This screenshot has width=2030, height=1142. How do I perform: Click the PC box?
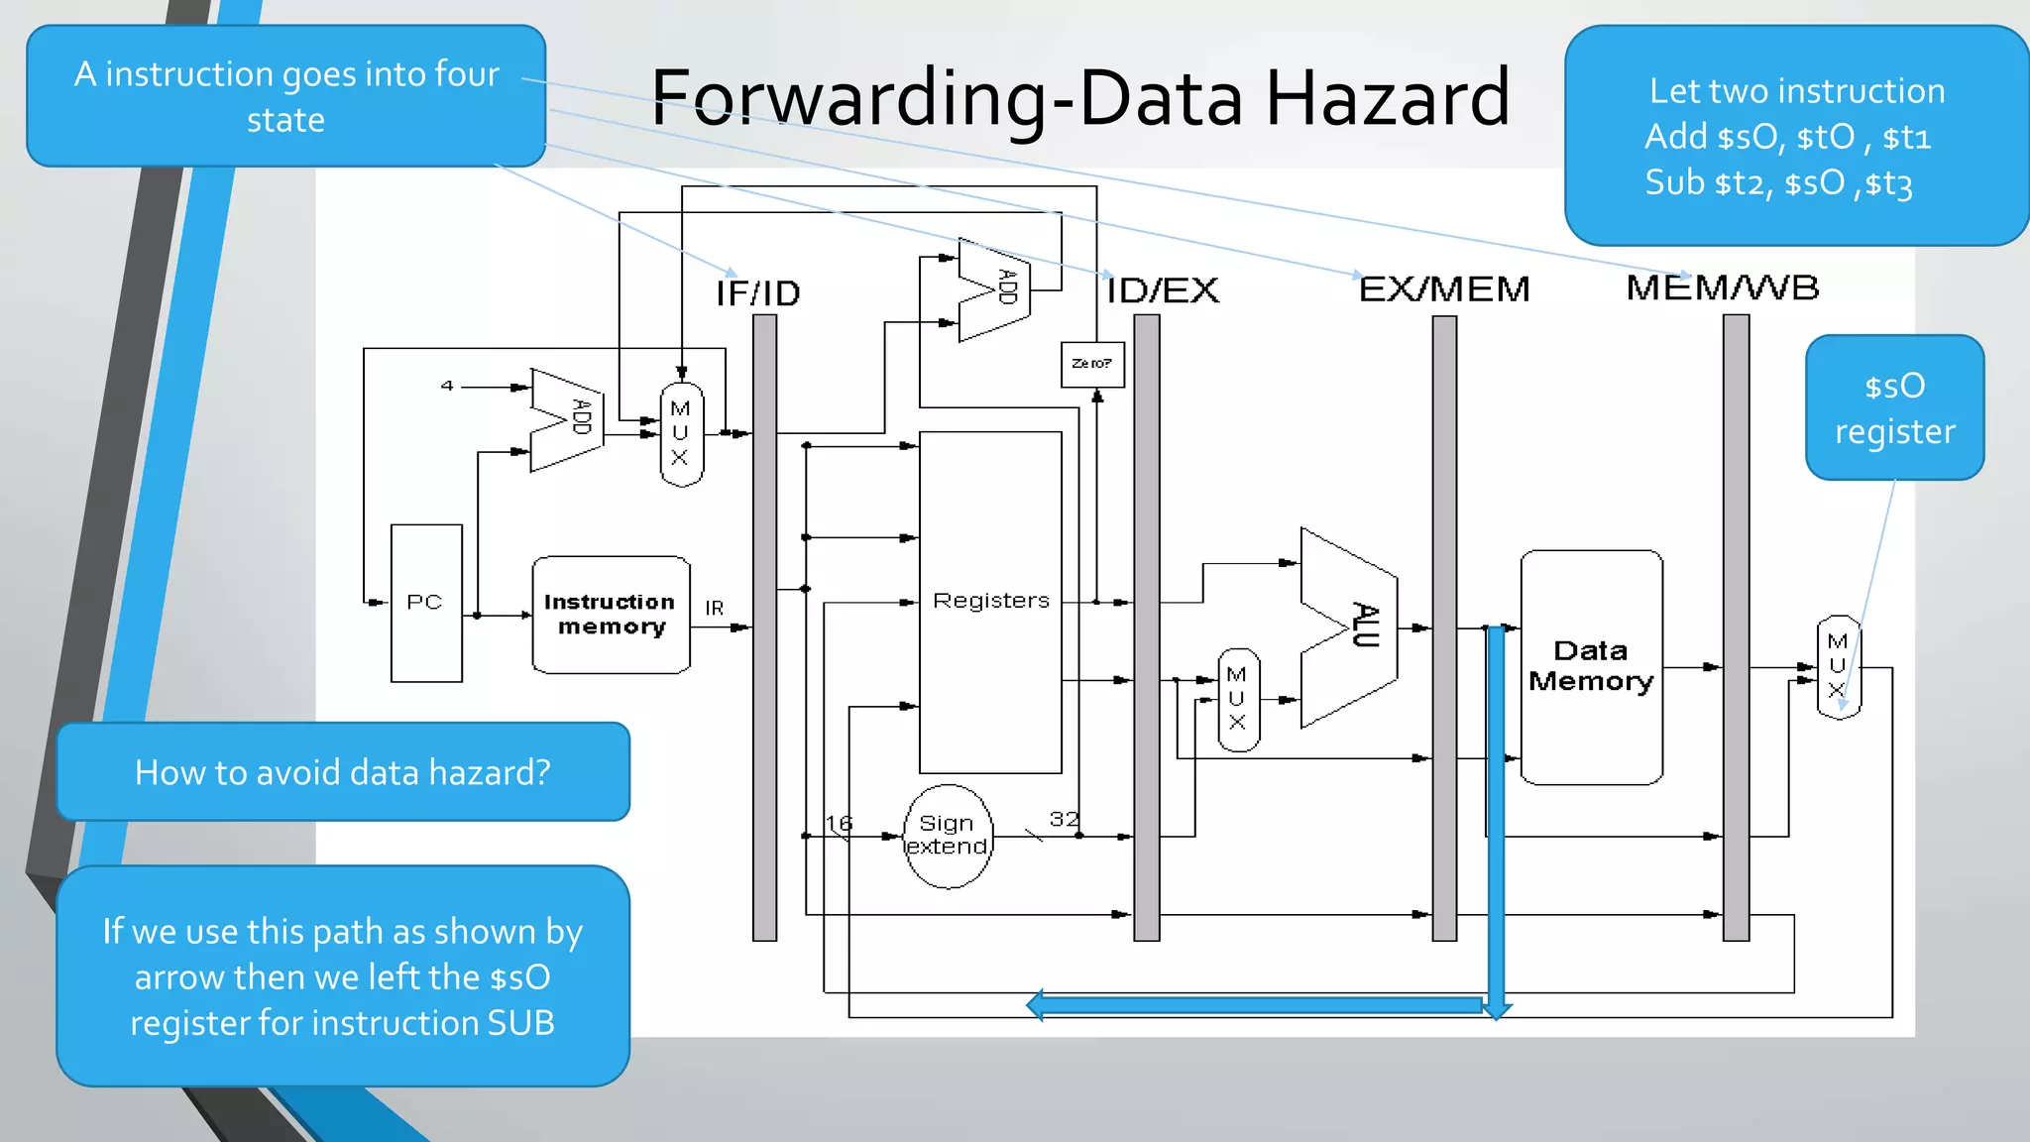[x=426, y=603]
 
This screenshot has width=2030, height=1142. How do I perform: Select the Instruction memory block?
[x=611, y=615]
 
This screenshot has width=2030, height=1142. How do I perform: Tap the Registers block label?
[x=990, y=601]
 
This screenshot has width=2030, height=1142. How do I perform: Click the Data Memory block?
[x=1591, y=666]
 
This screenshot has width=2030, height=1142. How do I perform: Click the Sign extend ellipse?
[x=948, y=836]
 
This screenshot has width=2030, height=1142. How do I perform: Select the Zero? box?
[x=1091, y=364]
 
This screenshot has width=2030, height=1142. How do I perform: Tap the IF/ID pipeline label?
[x=758, y=293]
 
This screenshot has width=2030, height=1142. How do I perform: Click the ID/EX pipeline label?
[x=1163, y=290]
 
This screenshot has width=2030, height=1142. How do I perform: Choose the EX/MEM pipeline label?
[x=1444, y=289]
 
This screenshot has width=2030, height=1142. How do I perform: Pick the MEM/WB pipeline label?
[x=1723, y=287]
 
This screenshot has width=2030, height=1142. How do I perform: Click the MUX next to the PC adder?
[x=681, y=434]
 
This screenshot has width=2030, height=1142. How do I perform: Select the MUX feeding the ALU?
[x=1238, y=699]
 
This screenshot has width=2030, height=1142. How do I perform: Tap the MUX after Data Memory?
[x=1838, y=666]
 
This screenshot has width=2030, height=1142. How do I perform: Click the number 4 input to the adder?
[x=447, y=386]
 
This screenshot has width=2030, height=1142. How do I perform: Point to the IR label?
[x=714, y=608]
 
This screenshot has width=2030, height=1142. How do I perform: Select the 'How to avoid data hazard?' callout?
[x=343, y=772]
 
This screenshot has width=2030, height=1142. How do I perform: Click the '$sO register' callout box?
[x=1894, y=407]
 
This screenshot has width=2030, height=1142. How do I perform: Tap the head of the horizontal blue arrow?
[x=1036, y=1005]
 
